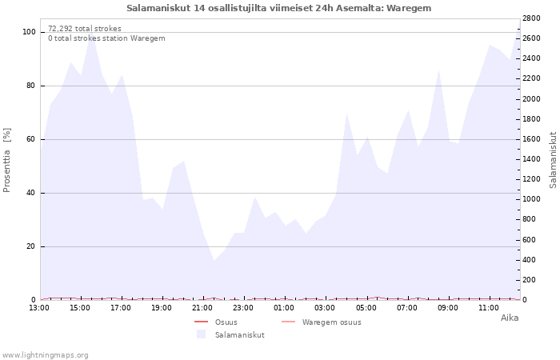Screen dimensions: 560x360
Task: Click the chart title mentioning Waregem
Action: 279,8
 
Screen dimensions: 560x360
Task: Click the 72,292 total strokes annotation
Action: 85,29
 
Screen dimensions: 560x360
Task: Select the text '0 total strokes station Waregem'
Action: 106,38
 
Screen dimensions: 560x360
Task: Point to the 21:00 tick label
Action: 202,308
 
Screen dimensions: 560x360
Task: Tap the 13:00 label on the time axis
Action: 39,308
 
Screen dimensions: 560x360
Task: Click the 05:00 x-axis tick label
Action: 366,308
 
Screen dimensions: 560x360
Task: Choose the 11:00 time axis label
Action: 488,308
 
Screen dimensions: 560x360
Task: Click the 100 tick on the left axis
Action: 29,32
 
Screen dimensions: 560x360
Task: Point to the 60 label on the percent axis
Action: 30,139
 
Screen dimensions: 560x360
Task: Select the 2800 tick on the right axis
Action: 531,18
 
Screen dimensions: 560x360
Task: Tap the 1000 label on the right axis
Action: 531,199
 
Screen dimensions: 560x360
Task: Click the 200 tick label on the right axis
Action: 529,280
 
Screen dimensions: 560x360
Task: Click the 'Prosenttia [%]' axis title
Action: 6,160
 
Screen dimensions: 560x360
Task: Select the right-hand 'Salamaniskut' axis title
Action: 554,160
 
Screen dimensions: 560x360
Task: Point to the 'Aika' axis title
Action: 510,318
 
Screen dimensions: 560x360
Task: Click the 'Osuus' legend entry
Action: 226,322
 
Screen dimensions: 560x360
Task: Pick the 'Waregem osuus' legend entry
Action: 331,322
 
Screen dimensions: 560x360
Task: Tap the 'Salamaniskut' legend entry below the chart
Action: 240,335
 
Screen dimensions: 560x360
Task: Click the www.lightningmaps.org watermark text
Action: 45,355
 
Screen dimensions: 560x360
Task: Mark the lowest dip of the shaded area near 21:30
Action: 214,260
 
